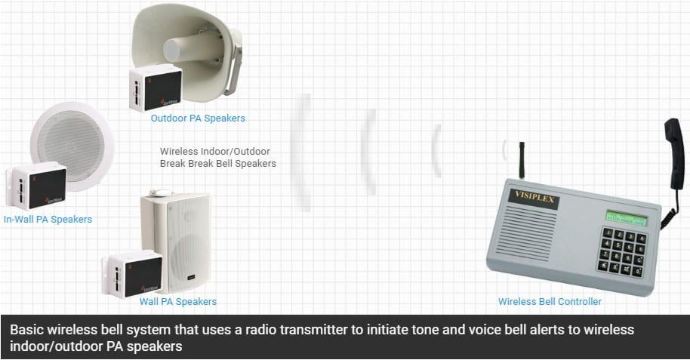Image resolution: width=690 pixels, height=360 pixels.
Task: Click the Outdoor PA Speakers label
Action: (x=198, y=118)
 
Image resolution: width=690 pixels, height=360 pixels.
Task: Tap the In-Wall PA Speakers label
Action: (x=48, y=220)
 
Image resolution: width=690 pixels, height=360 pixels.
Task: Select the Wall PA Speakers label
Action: (x=178, y=302)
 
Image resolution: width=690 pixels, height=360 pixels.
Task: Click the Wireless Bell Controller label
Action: (x=550, y=302)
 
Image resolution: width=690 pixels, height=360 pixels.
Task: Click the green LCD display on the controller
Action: (x=626, y=219)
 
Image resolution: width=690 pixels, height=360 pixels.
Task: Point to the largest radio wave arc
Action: (x=304, y=151)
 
